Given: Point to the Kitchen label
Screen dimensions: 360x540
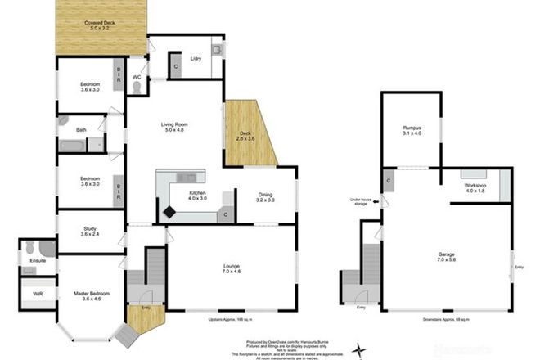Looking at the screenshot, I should coord(198,195).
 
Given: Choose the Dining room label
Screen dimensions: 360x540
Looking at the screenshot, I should coord(265,196).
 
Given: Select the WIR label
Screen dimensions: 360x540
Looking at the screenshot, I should coord(38,293).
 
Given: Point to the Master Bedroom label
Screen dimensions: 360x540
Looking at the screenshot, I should coord(90,295).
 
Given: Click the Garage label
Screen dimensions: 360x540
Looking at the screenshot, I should coord(447,259).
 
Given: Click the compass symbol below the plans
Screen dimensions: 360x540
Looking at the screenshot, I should coord(358,352).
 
